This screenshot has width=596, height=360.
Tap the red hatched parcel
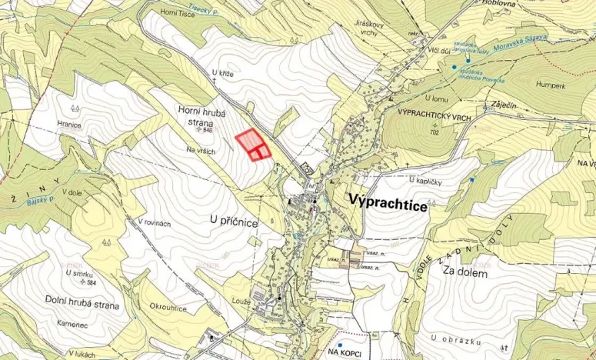click(x=251, y=142)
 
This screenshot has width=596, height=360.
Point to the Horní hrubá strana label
click(x=202, y=117)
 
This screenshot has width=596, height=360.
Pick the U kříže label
click(x=221, y=72)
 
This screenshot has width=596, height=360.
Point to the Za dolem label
click(x=465, y=272)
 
